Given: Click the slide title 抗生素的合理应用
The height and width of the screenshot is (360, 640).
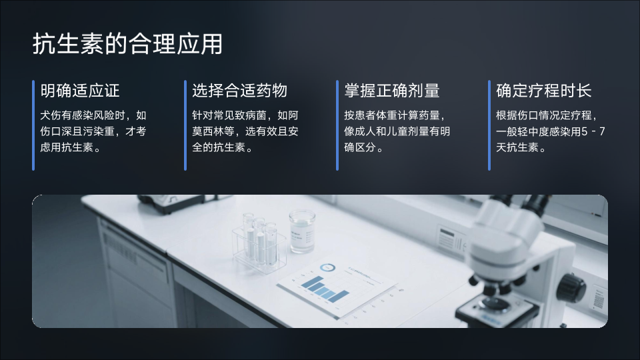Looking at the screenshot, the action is [x=127, y=44].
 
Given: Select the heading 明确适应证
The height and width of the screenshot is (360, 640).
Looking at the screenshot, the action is [x=80, y=91].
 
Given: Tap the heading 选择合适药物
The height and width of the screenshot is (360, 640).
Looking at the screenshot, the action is [x=239, y=91].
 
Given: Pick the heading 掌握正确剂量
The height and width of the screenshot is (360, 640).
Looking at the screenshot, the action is [x=392, y=91].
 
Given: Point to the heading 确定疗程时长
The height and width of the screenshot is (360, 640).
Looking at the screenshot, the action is [x=544, y=91].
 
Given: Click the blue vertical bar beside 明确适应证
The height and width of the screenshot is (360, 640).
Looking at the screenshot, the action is [x=33, y=125].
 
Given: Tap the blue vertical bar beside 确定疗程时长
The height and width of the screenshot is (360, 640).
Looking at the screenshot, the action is [x=489, y=125].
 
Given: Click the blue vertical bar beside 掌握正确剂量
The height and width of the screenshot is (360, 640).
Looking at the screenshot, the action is [x=337, y=125].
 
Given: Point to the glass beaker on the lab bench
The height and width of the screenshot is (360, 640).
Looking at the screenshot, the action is [x=302, y=231].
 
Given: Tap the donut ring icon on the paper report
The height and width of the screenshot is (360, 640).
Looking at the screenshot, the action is [x=327, y=268].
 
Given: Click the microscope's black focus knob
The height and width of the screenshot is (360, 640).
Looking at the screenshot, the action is [x=572, y=288].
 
